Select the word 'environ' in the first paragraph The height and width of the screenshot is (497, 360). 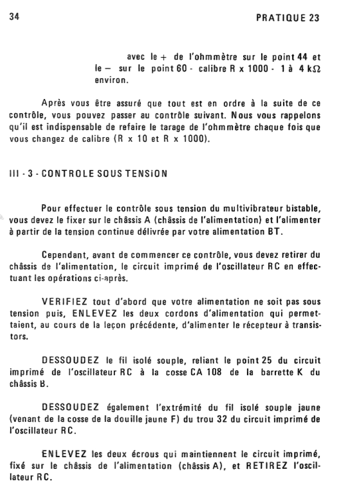coord(111,80)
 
